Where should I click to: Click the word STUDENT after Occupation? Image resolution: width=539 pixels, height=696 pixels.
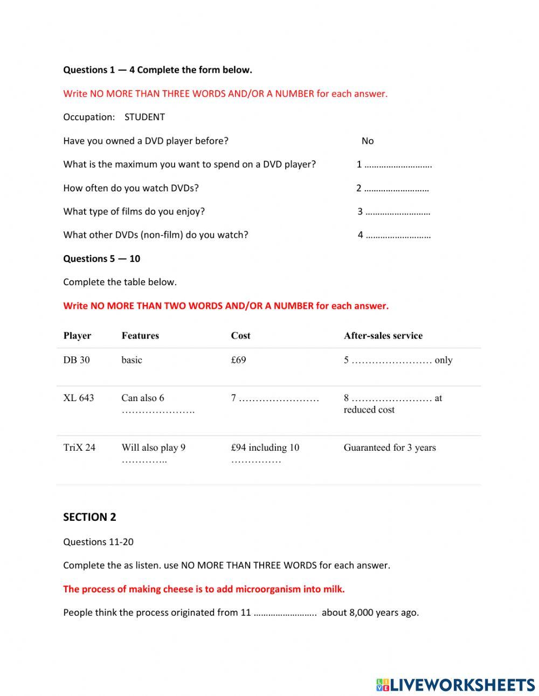(x=144, y=117)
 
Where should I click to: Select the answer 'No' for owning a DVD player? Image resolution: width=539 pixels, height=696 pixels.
(x=368, y=141)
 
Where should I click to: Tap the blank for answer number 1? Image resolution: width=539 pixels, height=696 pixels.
(x=398, y=165)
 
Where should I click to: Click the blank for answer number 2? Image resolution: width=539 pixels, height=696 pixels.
(x=396, y=189)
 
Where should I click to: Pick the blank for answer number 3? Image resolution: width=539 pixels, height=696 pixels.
(x=398, y=212)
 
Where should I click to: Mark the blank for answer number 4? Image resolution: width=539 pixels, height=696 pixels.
(x=398, y=235)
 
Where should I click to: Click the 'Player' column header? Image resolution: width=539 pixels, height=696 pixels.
(x=77, y=335)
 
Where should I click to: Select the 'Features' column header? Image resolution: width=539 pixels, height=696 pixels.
(x=140, y=335)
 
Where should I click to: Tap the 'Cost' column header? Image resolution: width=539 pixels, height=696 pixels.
(x=240, y=335)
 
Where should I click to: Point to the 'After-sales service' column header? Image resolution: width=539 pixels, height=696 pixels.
(x=383, y=335)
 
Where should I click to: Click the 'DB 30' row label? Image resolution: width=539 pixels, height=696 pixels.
(x=77, y=360)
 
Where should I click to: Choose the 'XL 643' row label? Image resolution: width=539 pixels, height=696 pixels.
(x=79, y=398)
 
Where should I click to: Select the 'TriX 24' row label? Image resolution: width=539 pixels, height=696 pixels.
(x=79, y=447)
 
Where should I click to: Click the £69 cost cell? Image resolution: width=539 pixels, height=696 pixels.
(x=238, y=360)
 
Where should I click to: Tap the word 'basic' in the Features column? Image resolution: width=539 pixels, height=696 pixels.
(x=132, y=360)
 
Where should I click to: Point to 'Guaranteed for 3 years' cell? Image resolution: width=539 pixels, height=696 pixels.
(x=390, y=447)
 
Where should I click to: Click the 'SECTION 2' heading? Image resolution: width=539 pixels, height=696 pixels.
(x=89, y=517)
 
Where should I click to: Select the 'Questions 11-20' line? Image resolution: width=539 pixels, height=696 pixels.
(x=98, y=542)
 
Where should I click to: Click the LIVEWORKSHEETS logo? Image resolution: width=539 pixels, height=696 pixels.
(x=455, y=685)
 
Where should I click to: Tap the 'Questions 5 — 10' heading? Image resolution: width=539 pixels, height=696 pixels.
(x=101, y=259)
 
